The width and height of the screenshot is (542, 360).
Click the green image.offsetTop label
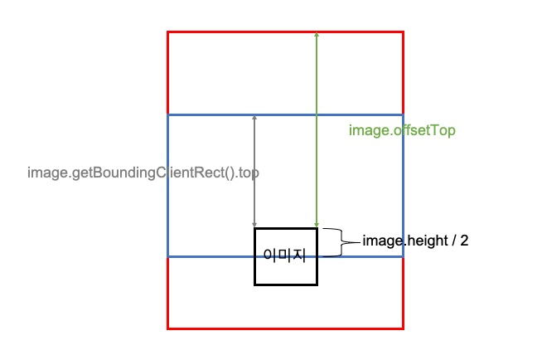pos(402,131)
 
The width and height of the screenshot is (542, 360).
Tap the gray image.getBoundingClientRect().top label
pos(143,173)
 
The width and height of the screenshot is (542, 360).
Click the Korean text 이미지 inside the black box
pos(284,255)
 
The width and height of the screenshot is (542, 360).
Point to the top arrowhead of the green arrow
pos(317,35)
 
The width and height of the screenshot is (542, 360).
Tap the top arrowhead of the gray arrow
pos(254,119)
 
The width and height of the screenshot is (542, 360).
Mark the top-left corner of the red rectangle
pos(168,32)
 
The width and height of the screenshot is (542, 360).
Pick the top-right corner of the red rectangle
pos(404,32)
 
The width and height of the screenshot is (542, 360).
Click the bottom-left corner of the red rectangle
pos(168,328)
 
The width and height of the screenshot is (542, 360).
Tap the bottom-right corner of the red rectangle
pos(404,328)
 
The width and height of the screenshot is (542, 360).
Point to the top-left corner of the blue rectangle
pos(168,115)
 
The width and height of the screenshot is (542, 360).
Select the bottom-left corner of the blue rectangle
pos(168,256)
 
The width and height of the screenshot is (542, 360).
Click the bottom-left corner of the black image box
pos(255,285)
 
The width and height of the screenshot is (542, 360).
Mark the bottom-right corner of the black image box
pos(317,285)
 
